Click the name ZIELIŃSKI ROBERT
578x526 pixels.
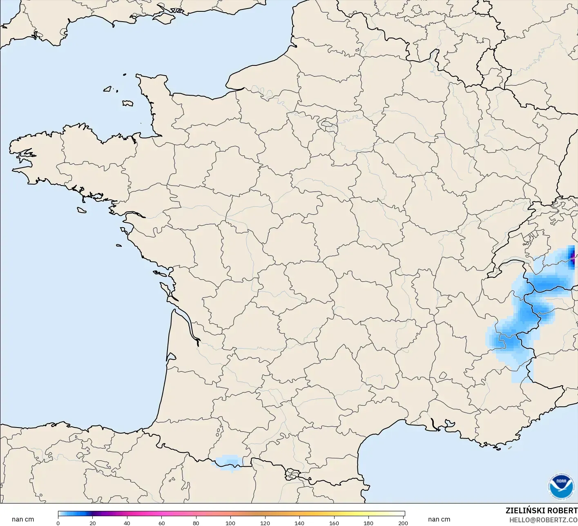pyautogui.click(x=541, y=510)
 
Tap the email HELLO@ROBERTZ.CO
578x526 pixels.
pyautogui.click(x=543, y=520)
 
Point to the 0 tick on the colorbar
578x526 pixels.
pyautogui.click(x=58, y=523)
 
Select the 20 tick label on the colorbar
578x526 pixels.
pyautogui.click(x=93, y=523)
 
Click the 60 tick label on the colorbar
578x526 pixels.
pyautogui.click(x=162, y=523)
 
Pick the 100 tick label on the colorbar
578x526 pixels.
pyautogui.click(x=231, y=523)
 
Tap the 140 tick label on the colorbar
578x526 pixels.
pyautogui.click(x=300, y=523)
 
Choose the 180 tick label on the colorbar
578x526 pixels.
pyautogui.click(x=368, y=523)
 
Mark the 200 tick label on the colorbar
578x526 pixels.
pyautogui.click(x=403, y=523)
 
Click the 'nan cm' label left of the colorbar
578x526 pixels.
pyautogui.click(x=23, y=519)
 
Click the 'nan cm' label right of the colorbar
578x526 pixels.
pyautogui.click(x=439, y=519)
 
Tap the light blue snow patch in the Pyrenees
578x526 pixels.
pyautogui.click(x=227, y=462)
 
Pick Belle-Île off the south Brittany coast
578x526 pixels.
pyautogui.click(x=82, y=210)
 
